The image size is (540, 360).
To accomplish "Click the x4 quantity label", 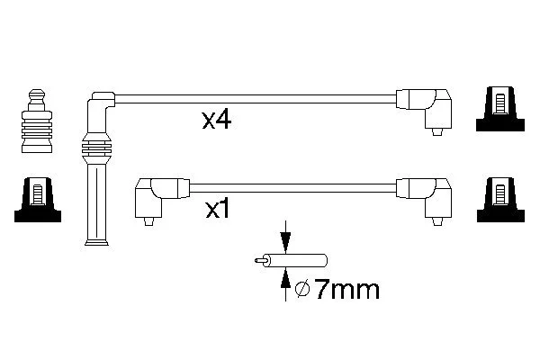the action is (217, 121).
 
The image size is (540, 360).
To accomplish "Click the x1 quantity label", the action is (217, 209).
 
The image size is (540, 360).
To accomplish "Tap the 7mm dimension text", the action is (347, 290).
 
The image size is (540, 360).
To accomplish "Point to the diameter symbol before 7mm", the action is (302, 290).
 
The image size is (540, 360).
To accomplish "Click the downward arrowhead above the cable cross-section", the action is (285, 242).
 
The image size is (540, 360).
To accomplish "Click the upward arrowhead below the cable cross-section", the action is (285, 279).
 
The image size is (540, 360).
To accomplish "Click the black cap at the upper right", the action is (500, 109).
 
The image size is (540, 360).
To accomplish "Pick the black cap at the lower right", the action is (500, 200).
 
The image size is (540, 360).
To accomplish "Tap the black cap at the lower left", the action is (38, 200).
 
